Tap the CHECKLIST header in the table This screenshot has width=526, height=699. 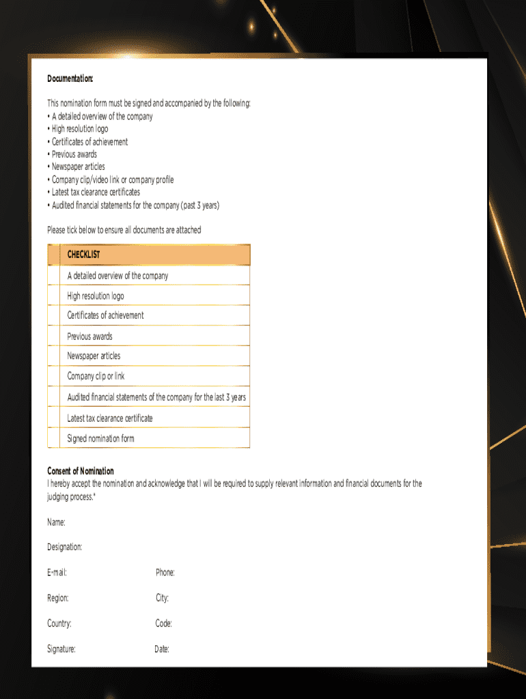click(83, 255)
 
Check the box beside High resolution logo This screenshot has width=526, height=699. click(54, 296)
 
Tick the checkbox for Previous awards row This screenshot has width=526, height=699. click(54, 336)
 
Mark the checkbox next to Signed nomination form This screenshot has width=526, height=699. click(54, 438)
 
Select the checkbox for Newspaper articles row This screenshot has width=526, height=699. click(54, 356)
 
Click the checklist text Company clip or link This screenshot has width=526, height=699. click(96, 376)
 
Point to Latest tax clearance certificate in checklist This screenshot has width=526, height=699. click(110, 418)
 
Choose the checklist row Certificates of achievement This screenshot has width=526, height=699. click(105, 315)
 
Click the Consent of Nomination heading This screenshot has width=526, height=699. click(81, 471)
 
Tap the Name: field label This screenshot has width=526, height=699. click(56, 522)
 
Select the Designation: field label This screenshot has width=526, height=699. click(64, 547)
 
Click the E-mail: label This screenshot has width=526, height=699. click(57, 573)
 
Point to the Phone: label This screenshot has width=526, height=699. click(165, 573)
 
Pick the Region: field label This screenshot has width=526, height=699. click(58, 598)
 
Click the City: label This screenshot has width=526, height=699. click(162, 598)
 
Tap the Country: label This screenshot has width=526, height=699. click(59, 623)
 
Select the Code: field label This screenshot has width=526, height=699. click(163, 623)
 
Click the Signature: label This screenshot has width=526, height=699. click(61, 649)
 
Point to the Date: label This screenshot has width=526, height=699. click(162, 649)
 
